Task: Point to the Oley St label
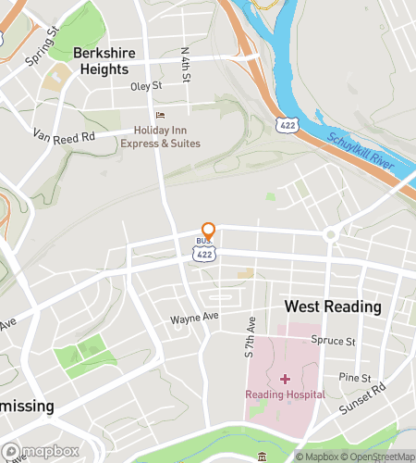pos(145,86)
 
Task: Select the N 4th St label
pos(186,64)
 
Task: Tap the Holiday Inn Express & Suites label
pos(160,136)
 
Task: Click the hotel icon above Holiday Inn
pos(160,116)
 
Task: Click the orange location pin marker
pos(209,231)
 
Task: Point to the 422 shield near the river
pos(285,123)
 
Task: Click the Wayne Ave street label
pos(193,318)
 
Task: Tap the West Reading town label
pos(333,307)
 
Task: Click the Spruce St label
pos(333,341)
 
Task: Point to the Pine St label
pos(354,378)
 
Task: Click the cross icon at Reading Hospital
pos(285,378)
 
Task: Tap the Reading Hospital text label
pos(285,394)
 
